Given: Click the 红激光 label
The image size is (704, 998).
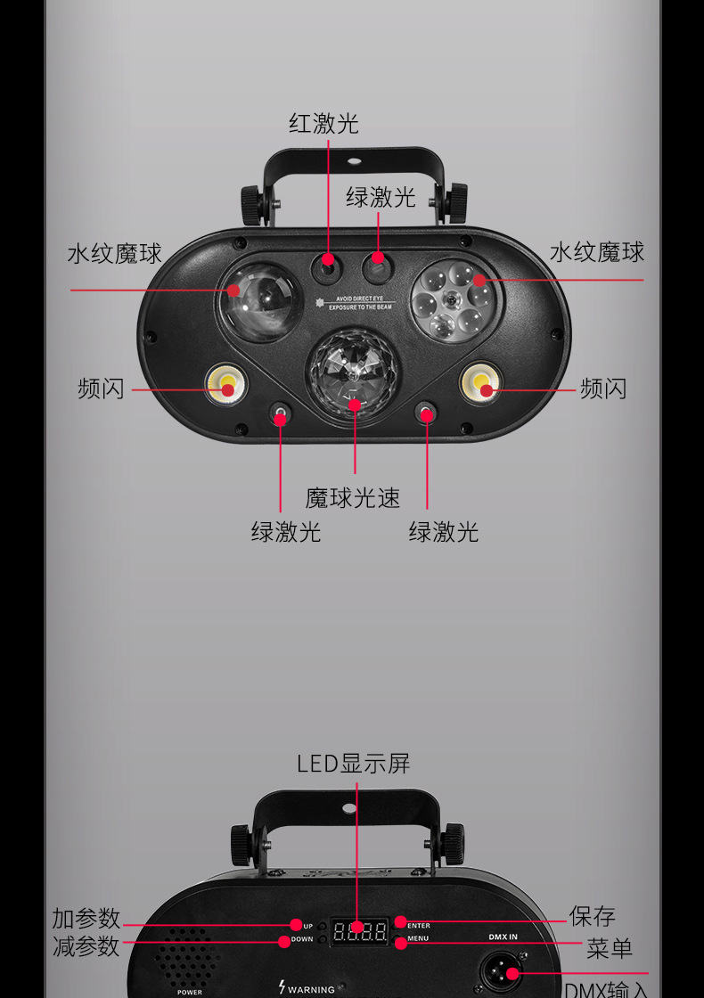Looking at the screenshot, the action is tap(323, 124).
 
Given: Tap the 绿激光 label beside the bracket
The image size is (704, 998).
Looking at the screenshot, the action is tap(381, 197).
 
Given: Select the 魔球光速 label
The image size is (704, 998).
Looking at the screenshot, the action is tap(353, 497).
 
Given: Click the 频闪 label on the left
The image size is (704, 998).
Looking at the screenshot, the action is tap(101, 389).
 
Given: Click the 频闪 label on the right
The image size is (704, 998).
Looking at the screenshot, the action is tap(603, 389).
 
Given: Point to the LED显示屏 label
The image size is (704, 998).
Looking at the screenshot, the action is tap(353, 764).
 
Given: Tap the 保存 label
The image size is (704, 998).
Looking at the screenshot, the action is tap(592, 916).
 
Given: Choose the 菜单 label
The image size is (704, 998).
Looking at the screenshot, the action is tap(610, 948).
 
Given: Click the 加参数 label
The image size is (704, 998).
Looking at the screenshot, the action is tap(86, 919).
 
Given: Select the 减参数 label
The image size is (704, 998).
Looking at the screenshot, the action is tap(86, 946).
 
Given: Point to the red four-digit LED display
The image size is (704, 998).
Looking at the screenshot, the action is tap(359, 933).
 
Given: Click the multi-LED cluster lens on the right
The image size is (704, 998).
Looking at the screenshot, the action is tap(454, 300).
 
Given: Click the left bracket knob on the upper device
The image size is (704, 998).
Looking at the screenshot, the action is tap(252, 205).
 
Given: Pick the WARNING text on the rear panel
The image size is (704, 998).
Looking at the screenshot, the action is tap(310, 989).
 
